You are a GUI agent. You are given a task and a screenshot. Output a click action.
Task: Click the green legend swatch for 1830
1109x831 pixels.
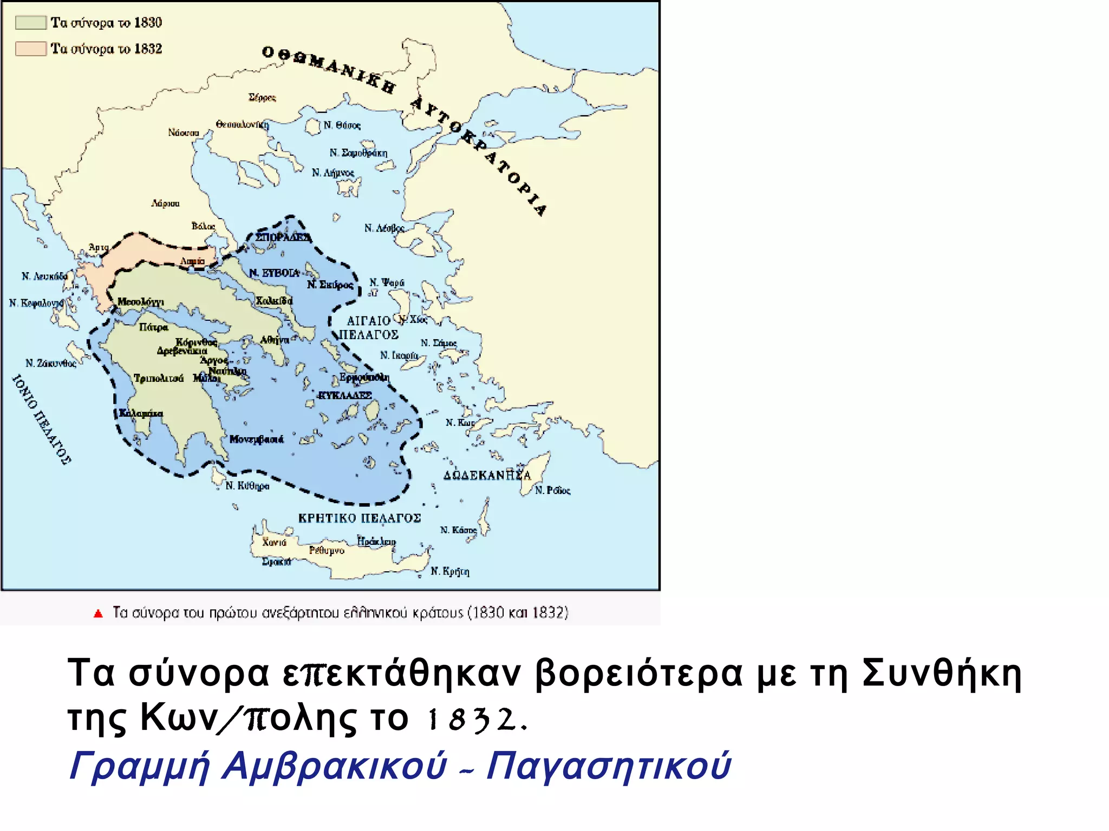click(31, 22)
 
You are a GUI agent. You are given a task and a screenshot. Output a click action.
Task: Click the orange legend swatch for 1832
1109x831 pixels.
click(31, 49)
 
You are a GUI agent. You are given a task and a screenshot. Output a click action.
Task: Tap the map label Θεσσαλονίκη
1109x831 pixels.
click(242, 124)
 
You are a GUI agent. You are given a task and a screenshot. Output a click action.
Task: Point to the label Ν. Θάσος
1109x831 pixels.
click(342, 126)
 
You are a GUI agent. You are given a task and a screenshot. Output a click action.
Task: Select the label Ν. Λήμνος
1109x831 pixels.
click(332, 173)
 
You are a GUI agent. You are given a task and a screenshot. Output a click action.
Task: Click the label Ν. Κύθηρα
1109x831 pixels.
click(247, 486)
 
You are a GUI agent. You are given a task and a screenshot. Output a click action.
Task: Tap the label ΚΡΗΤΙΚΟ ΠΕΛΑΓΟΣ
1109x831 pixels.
click(360, 518)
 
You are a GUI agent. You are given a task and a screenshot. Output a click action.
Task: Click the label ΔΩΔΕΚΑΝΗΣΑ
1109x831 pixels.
click(487, 476)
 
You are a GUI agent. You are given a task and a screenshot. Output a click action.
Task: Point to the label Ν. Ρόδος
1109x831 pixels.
click(552, 491)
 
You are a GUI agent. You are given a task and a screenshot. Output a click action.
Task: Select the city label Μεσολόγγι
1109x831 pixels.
click(140, 302)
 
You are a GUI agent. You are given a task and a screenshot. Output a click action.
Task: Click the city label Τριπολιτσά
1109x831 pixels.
click(159, 378)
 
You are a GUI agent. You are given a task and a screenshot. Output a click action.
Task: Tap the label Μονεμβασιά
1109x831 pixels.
click(256, 439)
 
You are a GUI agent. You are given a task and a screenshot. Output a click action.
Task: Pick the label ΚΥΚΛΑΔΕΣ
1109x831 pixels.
click(344, 395)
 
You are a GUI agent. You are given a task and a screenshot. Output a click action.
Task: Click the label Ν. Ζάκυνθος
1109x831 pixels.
click(51, 363)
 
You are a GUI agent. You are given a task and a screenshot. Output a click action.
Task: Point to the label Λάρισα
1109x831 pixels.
click(165, 203)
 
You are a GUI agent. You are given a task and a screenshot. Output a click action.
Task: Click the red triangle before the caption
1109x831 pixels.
click(98, 614)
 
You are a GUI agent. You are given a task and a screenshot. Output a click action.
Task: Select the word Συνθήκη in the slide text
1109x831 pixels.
click(942, 674)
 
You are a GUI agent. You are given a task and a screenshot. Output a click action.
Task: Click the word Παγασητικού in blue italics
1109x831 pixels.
click(609, 766)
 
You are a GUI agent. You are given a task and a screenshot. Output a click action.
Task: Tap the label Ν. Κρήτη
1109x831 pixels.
click(450, 571)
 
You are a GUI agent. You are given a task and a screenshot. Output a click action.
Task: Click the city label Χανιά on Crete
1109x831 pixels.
click(274, 542)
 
